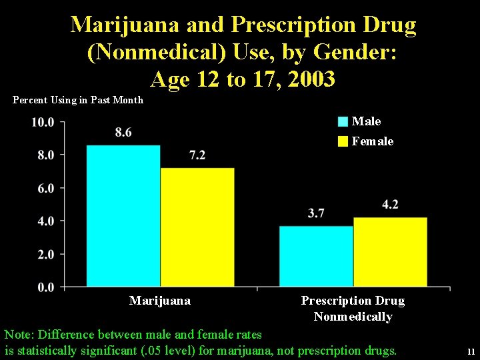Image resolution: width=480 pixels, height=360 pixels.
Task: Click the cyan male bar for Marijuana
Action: coord(123,215)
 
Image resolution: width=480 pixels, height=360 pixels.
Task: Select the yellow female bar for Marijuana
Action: coord(197,227)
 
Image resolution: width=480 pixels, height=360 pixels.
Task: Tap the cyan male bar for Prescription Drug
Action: coord(316,256)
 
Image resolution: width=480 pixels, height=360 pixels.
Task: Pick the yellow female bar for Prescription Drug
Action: coord(390,252)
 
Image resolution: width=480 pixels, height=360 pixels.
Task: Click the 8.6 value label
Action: coord(123,132)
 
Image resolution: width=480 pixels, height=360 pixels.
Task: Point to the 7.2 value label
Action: coord(197,155)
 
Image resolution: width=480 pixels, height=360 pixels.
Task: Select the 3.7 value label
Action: coord(316,213)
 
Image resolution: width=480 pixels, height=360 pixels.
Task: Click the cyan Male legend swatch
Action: coord(343,121)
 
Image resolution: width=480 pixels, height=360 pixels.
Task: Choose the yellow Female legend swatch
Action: coord(343,141)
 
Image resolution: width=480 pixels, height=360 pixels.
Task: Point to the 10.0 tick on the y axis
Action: coord(43,122)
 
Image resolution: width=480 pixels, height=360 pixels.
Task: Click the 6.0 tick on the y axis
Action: coord(45,188)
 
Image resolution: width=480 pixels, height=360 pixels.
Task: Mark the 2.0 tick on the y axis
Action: coord(45,254)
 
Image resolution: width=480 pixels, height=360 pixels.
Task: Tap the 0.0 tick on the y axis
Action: coord(45,287)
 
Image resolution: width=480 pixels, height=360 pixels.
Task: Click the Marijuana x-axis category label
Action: coord(160,301)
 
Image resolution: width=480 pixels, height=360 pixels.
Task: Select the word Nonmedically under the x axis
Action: coord(353,317)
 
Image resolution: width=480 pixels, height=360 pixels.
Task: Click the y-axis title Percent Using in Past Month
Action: coord(78,100)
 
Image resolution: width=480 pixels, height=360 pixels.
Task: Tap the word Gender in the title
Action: coord(345,53)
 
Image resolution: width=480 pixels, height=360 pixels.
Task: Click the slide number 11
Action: coord(471,351)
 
